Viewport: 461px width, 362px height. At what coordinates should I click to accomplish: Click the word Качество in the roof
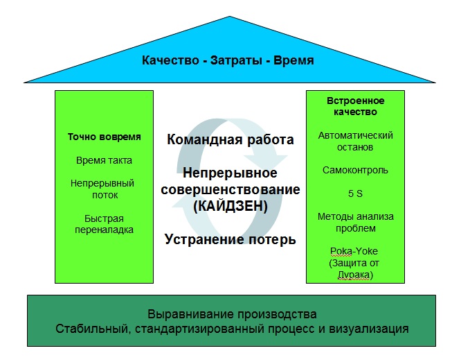point(170,60)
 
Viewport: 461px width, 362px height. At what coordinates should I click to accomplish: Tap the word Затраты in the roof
point(236,60)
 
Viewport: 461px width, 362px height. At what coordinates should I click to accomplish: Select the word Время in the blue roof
point(293,60)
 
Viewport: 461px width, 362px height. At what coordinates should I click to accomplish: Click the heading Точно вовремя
point(104,137)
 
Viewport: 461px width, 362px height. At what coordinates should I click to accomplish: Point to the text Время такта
point(104,160)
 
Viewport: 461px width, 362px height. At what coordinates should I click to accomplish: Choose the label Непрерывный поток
point(102,189)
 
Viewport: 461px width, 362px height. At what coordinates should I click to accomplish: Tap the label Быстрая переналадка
point(104,224)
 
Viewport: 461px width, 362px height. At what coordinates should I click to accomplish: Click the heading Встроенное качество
point(356,106)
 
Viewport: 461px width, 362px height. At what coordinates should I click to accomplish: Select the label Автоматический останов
point(356,141)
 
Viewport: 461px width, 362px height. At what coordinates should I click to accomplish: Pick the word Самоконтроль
point(355,170)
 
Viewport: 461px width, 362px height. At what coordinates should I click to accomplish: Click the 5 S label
point(355,193)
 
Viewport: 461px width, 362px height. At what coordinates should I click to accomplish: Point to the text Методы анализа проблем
point(356,223)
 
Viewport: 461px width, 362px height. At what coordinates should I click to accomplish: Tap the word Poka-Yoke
point(354,251)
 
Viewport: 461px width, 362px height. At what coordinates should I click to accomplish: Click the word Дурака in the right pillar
point(354,275)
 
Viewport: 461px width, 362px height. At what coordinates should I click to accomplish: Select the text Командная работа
point(230,139)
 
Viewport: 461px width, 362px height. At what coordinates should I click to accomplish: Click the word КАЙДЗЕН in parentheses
point(230,206)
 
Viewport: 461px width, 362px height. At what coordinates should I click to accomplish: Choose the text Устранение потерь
point(230,239)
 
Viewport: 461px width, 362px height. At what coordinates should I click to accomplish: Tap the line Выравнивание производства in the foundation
point(232,314)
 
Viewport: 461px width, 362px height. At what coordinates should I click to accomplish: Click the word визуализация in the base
point(368,329)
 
